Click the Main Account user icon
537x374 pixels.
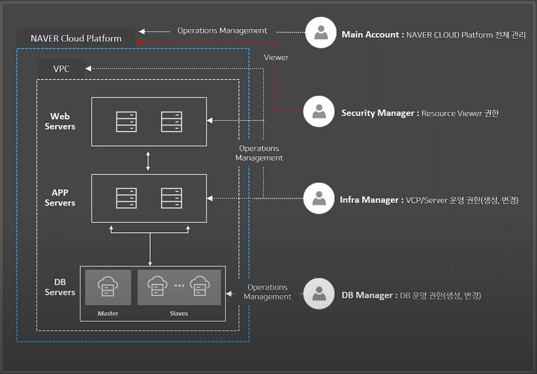pos(321,33)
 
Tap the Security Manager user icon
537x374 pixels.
pos(319,112)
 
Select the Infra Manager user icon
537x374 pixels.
pos(319,198)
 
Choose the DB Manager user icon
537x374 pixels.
pos(319,294)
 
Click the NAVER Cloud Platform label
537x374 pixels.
pos(76,38)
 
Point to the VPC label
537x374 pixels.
pos(61,69)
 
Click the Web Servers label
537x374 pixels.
pos(60,121)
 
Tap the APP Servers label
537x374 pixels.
pos(60,198)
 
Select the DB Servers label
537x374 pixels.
pos(60,287)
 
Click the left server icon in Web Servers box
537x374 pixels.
pos(126,122)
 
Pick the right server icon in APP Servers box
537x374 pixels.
pos(172,198)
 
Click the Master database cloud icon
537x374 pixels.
pos(108,286)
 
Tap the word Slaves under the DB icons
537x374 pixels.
pos(179,313)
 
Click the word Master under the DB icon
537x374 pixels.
pos(108,313)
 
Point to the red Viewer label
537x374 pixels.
pos(276,57)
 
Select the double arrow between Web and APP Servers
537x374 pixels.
pos(148,160)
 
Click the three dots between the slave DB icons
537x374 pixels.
pos(179,285)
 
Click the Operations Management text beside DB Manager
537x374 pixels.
pos(268,292)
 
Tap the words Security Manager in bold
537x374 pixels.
pos(377,113)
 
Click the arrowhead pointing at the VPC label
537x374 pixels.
pos(89,69)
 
